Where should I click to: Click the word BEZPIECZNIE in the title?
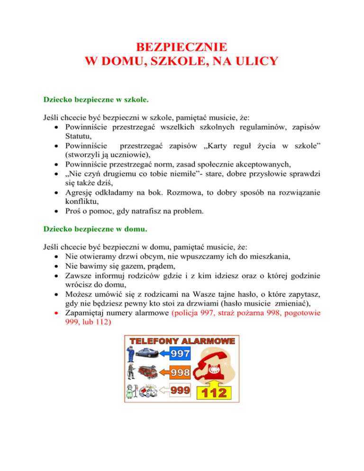pyautogui.click(x=182, y=47)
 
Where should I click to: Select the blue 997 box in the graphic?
pyautogui.click(x=180, y=353)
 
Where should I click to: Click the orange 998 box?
pyautogui.click(x=180, y=371)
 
